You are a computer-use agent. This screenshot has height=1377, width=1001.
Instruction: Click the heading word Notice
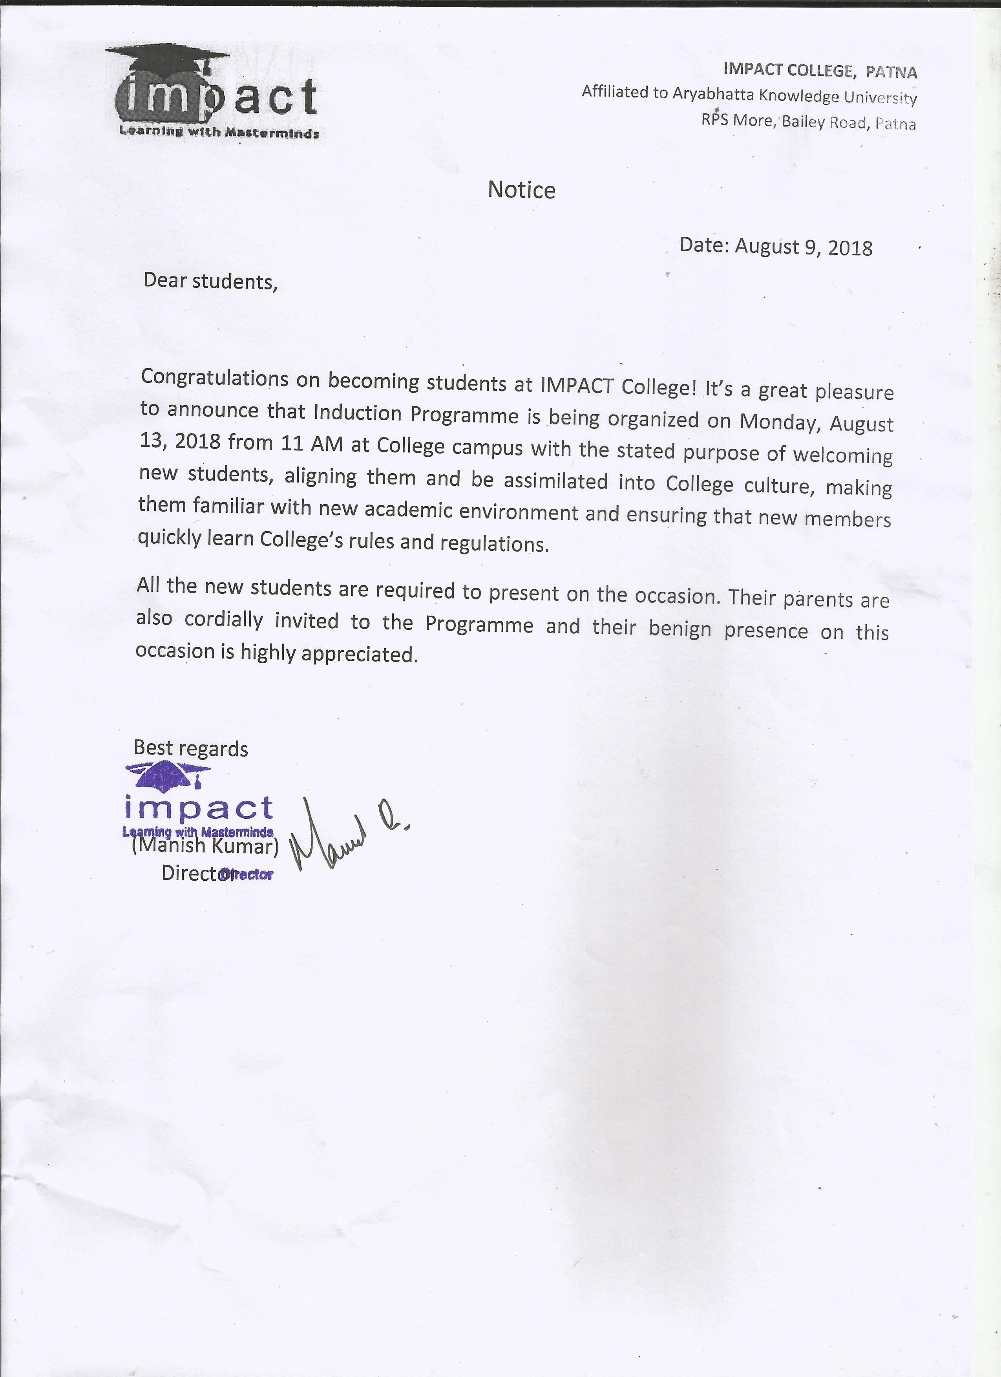pos(521,190)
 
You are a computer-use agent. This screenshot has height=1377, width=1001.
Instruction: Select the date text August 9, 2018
pos(803,247)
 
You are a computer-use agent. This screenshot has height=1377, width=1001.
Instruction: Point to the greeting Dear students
pos(210,281)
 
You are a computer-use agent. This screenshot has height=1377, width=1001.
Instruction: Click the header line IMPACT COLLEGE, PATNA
pos(820,70)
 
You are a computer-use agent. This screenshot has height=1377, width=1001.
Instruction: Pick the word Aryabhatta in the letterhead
pos(713,94)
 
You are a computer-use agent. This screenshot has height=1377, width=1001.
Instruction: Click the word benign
pos(680,628)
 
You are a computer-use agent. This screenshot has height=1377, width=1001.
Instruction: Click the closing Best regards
pos(191,748)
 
